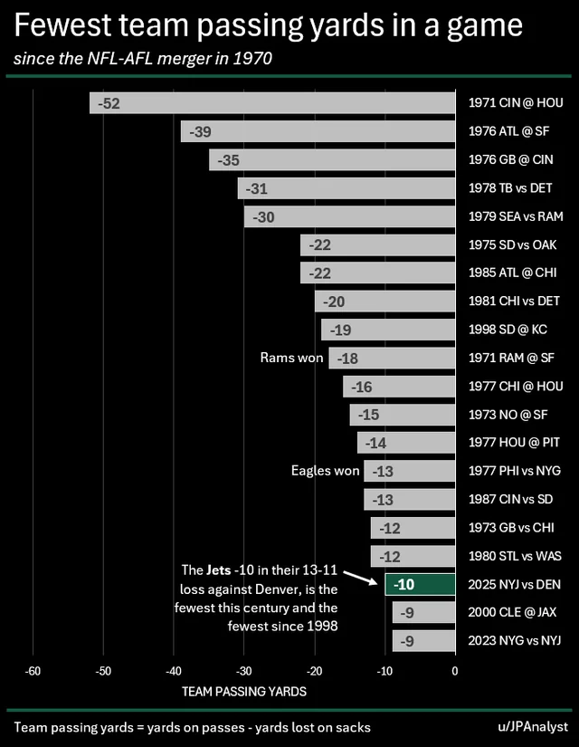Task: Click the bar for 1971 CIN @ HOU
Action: click(x=271, y=103)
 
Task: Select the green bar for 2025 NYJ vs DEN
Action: click(x=420, y=584)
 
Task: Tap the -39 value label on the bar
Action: click(x=201, y=132)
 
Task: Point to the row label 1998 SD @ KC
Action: click(x=509, y=330)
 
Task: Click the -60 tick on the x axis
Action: click(x=33, y=671)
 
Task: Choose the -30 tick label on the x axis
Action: click(x=243, y=671)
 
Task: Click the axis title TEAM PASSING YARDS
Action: click(x=244, y=692)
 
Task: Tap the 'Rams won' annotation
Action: click(x=291, y=359)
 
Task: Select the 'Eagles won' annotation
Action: click(x=325, y=471)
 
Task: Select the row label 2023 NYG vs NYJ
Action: click(x=515, y=640)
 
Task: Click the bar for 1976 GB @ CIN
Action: click(x=332, y=160)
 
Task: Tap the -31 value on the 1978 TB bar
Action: click(x=257, y=188)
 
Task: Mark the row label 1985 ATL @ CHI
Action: click(x=514, y=273)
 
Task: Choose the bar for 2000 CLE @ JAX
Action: click(x=423, y=612)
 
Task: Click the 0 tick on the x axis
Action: click(x=455, y=671)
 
